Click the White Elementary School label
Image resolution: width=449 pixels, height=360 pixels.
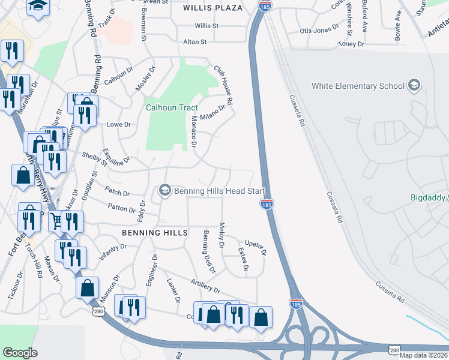pos(358,86)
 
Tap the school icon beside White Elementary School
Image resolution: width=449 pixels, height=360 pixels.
pos(414,85)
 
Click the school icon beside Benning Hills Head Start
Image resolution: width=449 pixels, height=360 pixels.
pos(164,191)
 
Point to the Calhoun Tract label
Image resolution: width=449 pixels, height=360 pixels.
pos(172,107)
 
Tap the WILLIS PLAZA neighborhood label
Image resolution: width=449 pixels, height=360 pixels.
pos(212,8)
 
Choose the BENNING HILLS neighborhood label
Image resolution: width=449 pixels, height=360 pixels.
pos(155,232)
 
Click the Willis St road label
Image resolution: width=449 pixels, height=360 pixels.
pos(206,26)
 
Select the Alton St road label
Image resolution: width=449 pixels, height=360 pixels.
pos(194,42)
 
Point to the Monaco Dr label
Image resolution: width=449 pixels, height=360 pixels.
pos(193,133)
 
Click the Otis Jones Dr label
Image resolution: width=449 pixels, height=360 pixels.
pos(315,30)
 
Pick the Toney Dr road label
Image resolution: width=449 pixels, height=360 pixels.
pos(351,44)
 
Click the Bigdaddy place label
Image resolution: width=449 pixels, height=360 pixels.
pos(428,197)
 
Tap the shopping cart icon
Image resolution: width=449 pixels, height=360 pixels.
pos(56,221)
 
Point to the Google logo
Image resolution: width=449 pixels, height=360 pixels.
pos(20,353)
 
